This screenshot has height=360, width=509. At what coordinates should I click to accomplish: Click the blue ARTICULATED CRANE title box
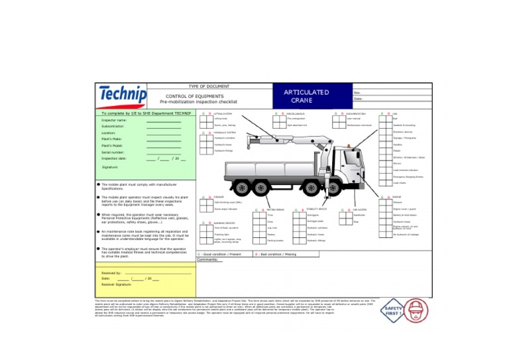coord(306,96)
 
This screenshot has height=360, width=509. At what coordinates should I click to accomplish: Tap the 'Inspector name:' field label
coord(114,120)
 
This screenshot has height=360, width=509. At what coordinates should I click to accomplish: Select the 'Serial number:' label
coord(113,152)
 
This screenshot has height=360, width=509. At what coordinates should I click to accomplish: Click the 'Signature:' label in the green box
coord(111,167)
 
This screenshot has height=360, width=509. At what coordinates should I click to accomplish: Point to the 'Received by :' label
coord(111,272)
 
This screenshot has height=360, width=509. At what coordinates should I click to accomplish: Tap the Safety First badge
coord(392,312)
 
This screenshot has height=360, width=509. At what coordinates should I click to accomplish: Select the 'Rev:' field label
coord(358,92)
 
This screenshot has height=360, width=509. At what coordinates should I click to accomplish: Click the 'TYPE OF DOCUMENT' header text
coord(209,86)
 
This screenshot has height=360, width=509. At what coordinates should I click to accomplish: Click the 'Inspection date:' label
coord(114,158)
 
